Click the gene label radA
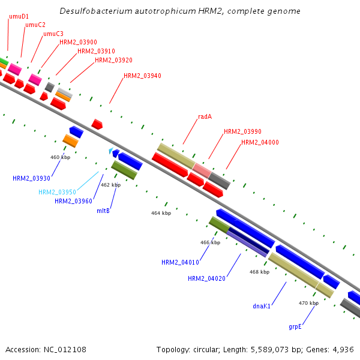click(205, 116)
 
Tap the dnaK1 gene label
click(262, 306)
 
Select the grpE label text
click(295, 327)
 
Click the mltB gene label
click(103, 211)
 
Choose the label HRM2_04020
click(206, 278)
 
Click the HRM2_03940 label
click(142, 76)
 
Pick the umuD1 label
click(19, 16)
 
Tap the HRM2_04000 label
click(260, 143)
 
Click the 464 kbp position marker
click(161, 213)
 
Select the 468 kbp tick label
click(259, 272)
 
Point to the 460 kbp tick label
click(60, 157)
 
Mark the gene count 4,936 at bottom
click(343, 349)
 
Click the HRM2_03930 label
click(31, 178)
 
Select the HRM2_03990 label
click(242, 131)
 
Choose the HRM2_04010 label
click(180, 262)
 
